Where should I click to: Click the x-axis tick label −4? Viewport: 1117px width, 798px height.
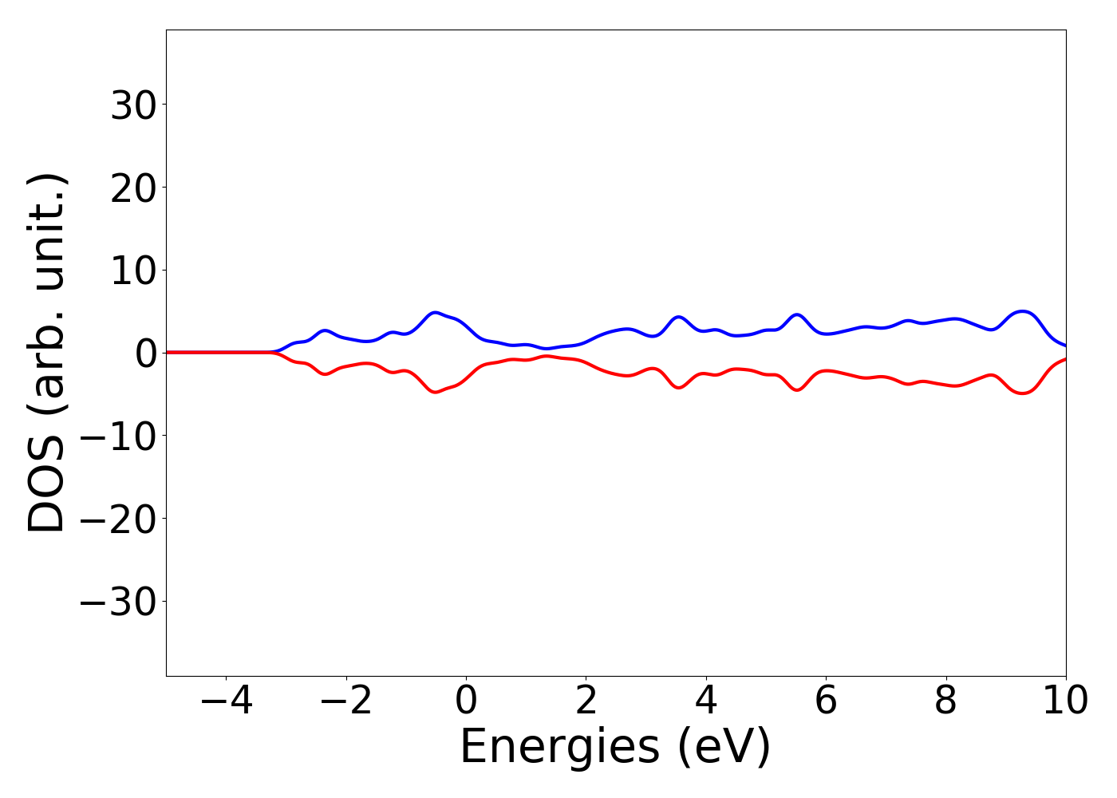click(226, 701)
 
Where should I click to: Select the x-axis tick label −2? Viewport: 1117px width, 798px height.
click(345, 701)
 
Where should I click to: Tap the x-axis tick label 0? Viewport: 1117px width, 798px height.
click(466, 701)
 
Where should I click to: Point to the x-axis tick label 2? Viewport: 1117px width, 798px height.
click(586, 701)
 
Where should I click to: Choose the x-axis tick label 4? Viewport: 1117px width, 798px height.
click(706, 701)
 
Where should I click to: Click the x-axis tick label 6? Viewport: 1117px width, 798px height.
click(826, 701)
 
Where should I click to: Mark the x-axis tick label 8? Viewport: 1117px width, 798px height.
click(945, 701)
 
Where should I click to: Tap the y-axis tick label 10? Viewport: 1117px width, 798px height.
click(132, 271)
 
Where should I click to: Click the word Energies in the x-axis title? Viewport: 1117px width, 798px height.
click(559, 748)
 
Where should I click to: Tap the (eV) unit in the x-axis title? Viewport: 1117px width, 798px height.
click(724, 748)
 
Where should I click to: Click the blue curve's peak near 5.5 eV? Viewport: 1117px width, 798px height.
click(796, 314)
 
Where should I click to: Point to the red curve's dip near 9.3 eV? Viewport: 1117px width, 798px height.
click(1023, 393)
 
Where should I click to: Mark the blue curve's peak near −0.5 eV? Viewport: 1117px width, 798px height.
click(435, 312)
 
